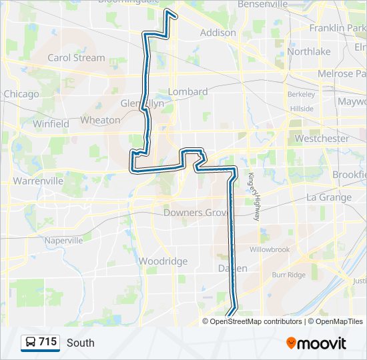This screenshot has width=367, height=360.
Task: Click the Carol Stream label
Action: coord(76,57)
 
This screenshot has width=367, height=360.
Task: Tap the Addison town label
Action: coord(218,32)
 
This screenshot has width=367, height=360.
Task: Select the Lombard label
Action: coord(188,91)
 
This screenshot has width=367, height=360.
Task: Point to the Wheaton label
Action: coord(100,120)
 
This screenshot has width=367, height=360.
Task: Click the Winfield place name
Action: coord(51,123)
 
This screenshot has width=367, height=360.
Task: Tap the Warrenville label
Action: coord(38,181)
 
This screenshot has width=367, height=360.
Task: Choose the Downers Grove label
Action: coord(196,213)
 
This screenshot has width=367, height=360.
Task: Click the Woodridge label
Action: coord(163,261)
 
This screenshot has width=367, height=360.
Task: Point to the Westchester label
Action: coord(322,139)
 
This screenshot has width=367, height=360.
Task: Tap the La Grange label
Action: coord(328,197)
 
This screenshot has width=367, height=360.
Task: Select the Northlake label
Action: coord(308,51)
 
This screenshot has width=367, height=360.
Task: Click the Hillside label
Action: coord(302,108)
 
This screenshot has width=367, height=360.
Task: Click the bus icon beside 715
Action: coord(30,343)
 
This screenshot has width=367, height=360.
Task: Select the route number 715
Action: coord(47,342)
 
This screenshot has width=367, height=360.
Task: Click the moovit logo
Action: coord(316,343)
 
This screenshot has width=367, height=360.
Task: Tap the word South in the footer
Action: coord(80,343)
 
